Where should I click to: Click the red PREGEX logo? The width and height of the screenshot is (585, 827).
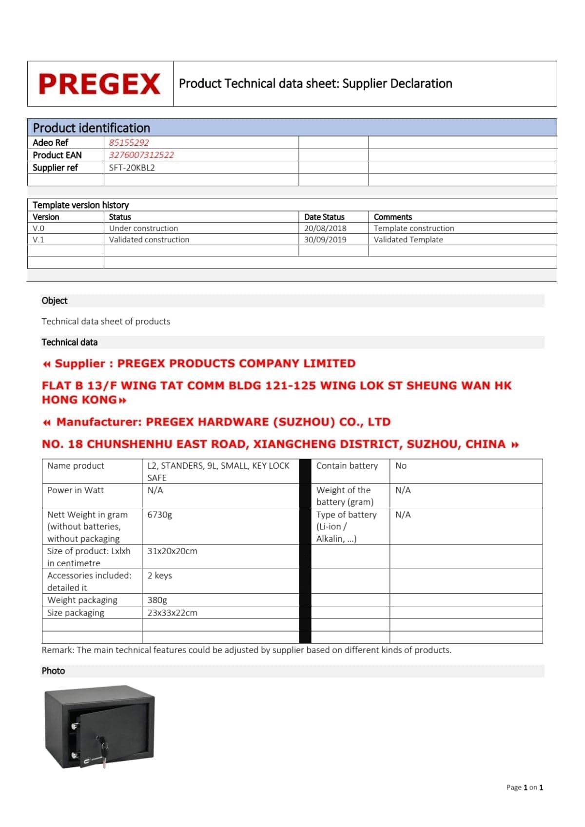pos(99,84)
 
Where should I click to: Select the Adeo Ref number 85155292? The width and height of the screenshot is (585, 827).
pos(129,143)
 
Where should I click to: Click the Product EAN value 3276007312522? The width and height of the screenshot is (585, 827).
pos(141,155)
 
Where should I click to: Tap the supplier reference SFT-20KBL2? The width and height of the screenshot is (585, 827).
pos(132,168)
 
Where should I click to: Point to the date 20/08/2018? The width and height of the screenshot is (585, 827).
pos(325,228)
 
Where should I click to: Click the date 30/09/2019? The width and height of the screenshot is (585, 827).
pos(325,240)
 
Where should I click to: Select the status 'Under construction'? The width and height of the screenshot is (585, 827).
pos(143,228)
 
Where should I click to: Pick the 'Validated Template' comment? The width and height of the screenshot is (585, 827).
pos(408,240)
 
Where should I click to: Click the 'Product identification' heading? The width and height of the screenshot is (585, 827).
pos(91,128)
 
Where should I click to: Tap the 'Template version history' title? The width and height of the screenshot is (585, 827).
pos(80,205)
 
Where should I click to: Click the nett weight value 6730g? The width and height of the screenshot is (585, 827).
pos(159,515)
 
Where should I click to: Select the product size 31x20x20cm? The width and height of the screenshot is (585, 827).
pos(172,551)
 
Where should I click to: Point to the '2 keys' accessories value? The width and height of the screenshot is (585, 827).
pos(159,576)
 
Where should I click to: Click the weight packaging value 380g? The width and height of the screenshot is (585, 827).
pos(157,600)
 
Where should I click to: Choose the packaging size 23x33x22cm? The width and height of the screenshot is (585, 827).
pos(172,613)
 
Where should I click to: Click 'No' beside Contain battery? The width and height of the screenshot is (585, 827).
pos(401,466)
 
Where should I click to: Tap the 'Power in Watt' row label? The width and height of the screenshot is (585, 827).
pos(76,490)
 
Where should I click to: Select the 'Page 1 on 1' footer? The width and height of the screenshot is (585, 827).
pos(524,787)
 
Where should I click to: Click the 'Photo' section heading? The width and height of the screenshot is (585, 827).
pos(53,671)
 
